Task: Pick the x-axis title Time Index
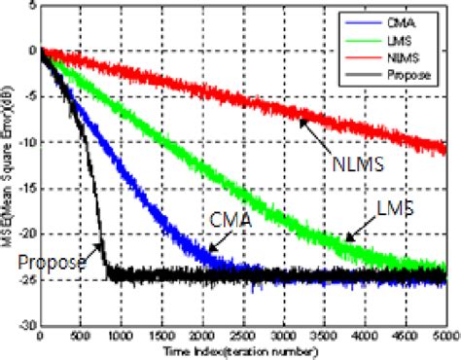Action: pyautogui.click(x=241, y=350)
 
